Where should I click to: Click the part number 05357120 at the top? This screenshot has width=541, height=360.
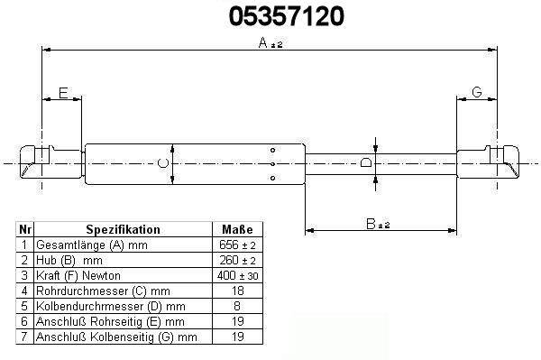287,16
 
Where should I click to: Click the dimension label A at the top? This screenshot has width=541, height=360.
263,42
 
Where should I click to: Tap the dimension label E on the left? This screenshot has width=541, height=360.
63,93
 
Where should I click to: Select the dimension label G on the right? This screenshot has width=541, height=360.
477,92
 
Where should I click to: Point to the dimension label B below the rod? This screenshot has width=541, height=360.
371,224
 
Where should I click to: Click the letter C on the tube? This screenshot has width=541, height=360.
163,163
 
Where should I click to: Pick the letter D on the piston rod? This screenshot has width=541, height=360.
366,162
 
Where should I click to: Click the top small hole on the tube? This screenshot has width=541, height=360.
272,150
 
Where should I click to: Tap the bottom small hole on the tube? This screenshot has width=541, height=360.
272,178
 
